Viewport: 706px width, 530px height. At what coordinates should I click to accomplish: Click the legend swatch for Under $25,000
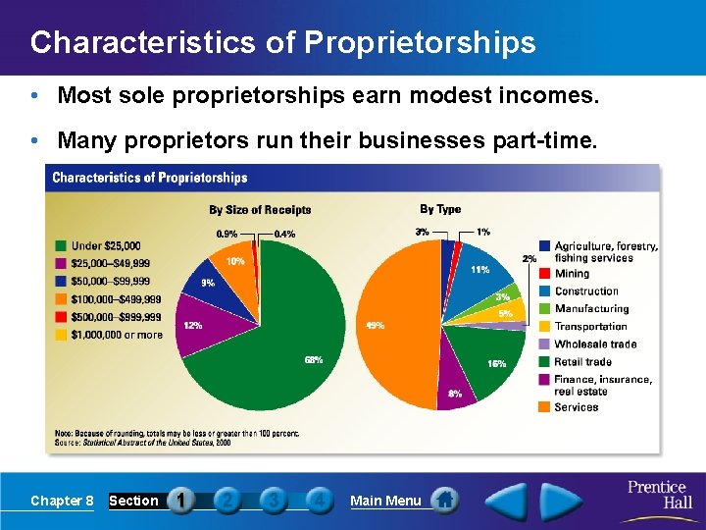click(x=61, y=245)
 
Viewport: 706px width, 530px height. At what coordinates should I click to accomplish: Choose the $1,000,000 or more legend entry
click(x=116, y=335)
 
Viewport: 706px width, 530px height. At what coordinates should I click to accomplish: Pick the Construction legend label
click(x=586, y=291)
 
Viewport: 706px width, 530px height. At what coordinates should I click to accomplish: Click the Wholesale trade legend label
click(x=595, y=344)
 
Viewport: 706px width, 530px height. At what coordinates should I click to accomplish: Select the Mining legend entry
click(x=572, y=274)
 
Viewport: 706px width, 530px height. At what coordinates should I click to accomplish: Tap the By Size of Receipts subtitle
click(x=260, y=209)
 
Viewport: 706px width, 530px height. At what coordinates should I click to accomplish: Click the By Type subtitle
click(x=440, y=208)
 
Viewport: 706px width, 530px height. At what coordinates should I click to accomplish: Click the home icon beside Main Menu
click(x=444, y=501)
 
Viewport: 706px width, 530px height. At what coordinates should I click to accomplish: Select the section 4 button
click(x=318, y=501)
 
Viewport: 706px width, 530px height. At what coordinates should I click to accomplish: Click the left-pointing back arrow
click(x=507, y=501)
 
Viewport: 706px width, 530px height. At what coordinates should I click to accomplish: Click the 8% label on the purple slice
click(x=455, y=394)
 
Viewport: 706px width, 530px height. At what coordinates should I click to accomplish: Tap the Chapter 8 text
click(x=62, y=502)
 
